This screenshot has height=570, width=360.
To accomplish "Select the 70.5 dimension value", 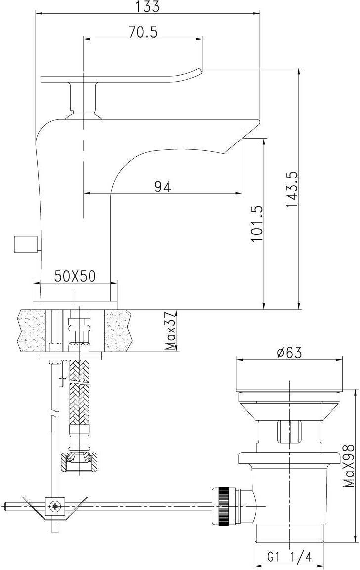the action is click(142, 32).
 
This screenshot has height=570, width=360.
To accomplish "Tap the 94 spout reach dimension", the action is click(162, 187).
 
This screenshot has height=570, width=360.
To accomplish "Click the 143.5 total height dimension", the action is click(292, 190).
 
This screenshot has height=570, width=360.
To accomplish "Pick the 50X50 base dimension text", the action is click(75, 276).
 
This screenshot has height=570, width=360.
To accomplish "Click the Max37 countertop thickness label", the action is click(171, 330).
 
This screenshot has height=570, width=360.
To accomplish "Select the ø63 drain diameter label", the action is click(289, 353).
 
